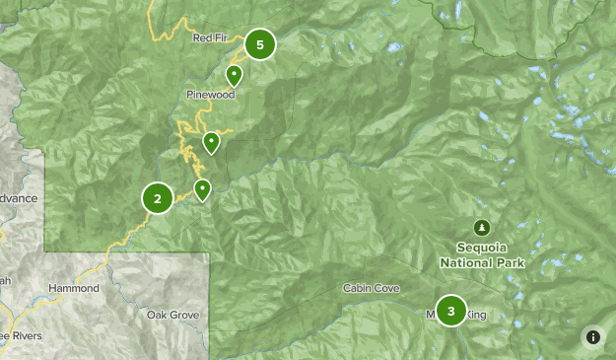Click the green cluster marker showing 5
260,44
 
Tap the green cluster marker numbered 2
158,198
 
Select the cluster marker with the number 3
451,312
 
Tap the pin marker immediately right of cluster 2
202,189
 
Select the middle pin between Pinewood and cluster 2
211,143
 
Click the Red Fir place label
213,38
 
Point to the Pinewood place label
211,96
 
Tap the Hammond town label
74,288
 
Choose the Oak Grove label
172,315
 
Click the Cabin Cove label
371,288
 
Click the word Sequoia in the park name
482,248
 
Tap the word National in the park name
469,263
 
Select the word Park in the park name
512,263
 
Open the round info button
593,336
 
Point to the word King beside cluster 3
476,316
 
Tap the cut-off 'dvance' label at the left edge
18,198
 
